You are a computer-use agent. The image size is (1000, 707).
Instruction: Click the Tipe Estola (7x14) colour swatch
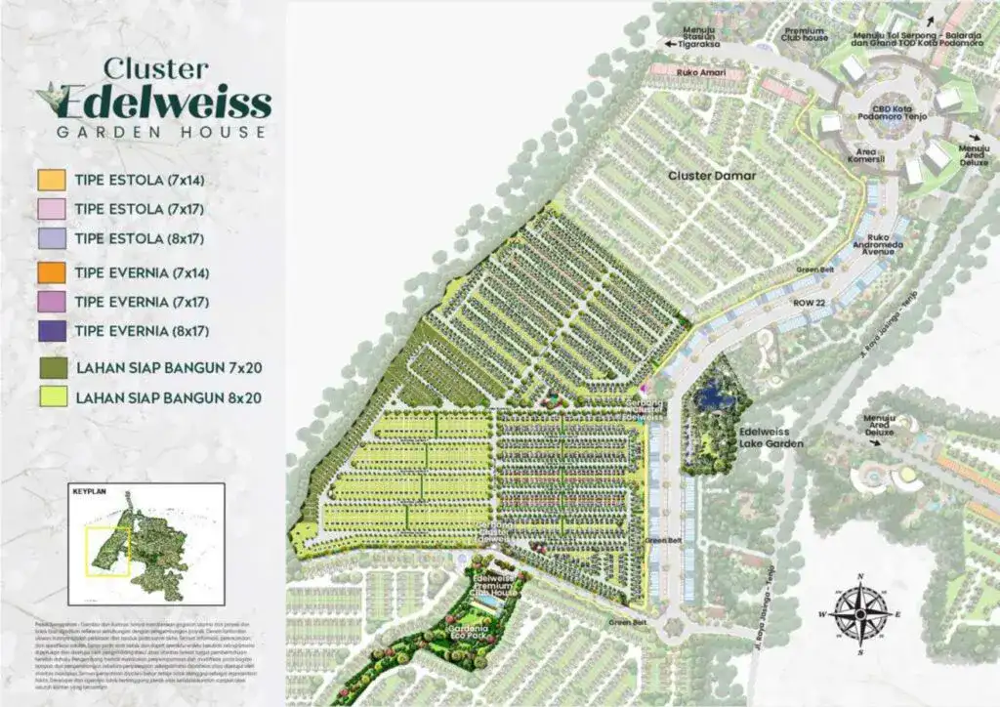[53, 179]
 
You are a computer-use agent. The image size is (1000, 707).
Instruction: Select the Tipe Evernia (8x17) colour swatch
[53, 331]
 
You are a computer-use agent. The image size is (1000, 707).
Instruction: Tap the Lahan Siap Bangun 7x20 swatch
[53, 367]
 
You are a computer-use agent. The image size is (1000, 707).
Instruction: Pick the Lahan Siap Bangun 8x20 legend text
[168, 397]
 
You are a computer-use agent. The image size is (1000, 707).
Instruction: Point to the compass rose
[858, 612]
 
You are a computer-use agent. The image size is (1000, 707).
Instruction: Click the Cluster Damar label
[712, 176]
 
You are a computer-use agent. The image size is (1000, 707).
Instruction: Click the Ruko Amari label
[674, 70]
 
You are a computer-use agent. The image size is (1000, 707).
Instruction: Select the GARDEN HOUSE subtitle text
[160, 132]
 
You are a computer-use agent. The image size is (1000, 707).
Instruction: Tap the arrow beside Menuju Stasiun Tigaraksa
[671, 44]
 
